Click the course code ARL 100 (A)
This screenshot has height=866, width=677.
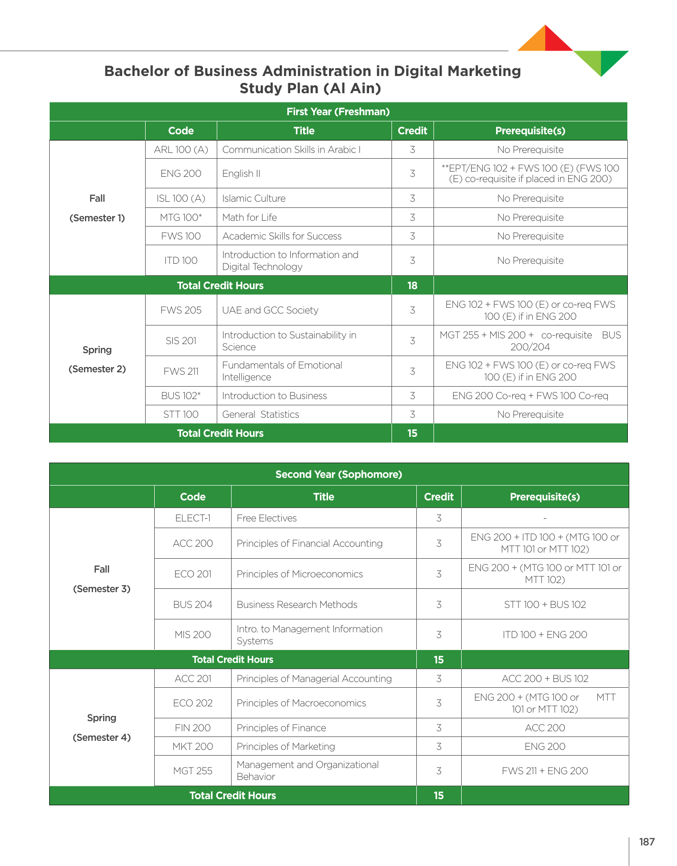181,150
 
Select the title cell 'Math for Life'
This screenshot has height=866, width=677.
249,217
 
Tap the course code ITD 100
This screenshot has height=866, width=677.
181,260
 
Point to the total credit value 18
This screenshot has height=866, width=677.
413,285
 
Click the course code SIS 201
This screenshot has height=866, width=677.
181,341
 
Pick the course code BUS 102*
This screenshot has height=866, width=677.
181,396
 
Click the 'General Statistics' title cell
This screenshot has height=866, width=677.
261,414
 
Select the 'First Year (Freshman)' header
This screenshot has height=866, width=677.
338,112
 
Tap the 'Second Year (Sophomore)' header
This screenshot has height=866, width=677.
338,474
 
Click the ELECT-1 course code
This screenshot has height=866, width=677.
193,518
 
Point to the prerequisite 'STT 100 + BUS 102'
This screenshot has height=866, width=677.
545,605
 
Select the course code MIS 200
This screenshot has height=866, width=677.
193,635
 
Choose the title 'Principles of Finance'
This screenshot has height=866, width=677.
281,728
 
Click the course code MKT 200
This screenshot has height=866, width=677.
193,747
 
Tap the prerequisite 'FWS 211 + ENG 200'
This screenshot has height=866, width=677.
545,771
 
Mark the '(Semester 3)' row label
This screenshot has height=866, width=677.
102,589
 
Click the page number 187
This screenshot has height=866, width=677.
647,842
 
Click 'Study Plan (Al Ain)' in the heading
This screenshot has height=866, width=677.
310,88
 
